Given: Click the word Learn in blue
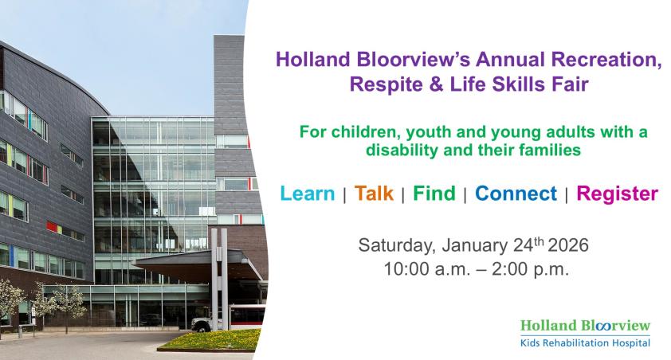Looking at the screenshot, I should [x=308, y=194].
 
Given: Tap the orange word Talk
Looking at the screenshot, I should [x=374, y=194].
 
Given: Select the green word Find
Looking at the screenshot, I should [x=434, y=194].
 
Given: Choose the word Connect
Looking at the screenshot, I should [x=516, y=194].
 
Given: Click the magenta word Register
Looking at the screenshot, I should [x=617, y=194].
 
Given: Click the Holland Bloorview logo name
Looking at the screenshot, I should [x=585, y=326].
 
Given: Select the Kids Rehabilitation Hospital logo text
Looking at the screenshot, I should [x=585, y=343].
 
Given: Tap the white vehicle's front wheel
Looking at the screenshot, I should [x=198, y=327].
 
